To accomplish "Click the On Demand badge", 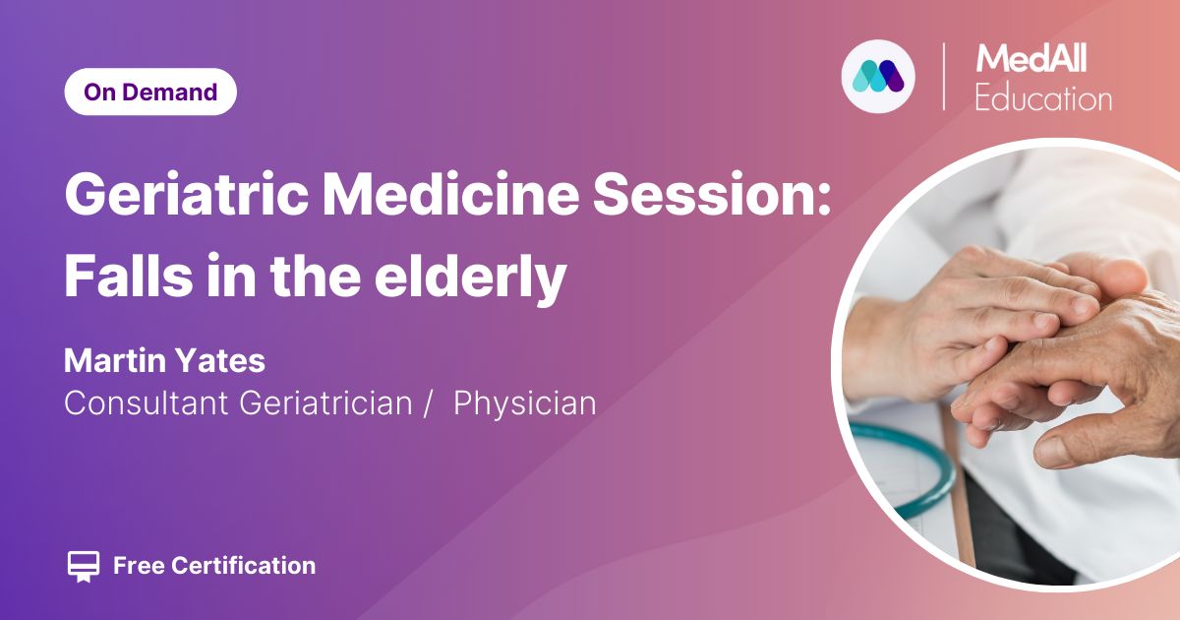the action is pyautogui.click(x=150, y=92).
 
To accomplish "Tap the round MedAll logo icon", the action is pyautogui.click(x=877, y=77).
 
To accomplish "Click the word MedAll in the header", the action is pyautogui.click(x=1031, y=58).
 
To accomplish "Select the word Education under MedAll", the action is pyautogui.click(x=1043, y=97).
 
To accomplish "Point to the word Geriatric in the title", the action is pyautogui.click(x=186, y=194).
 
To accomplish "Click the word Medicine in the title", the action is pyautogui.click(x=451, y=194).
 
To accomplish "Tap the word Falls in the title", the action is pyautogui.click(x=129, y=276).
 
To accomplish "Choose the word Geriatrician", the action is pyautogui.click(x=325, y=403).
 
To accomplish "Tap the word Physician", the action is pyautogui.click(x=525, y=403).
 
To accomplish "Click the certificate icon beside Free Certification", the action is pyautogui.click(x=84, y=566).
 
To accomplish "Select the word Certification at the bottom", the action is pyautogui.click(x=244, y=566).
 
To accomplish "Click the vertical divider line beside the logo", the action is pyautogui.click(x=943, y=77).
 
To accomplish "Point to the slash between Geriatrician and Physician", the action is pyautogui.click(x=428, y=403).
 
